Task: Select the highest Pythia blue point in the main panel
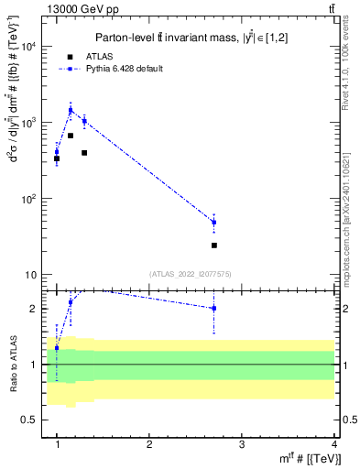(x=71, y=111)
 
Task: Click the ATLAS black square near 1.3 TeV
(x=84, y=153)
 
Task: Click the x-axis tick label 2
(x=149, y=443)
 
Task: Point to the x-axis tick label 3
(x=241, y=443)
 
